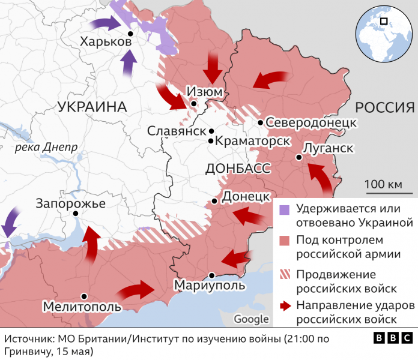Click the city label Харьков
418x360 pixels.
click(105, 42)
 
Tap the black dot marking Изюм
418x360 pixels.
click(193, 104)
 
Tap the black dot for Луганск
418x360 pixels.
click(298, 158)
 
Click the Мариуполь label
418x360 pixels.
click(209, 285)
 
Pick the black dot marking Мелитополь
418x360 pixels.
click(85, 296)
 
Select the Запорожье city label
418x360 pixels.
click(70, 204)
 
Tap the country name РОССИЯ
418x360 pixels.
click(385, 107)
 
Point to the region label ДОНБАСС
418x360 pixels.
click(238, 168)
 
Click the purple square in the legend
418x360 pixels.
click(285, 209)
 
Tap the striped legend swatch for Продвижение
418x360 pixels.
click(285, 274)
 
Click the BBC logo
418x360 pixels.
click(393, 339)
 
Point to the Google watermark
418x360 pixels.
click(251, 319)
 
